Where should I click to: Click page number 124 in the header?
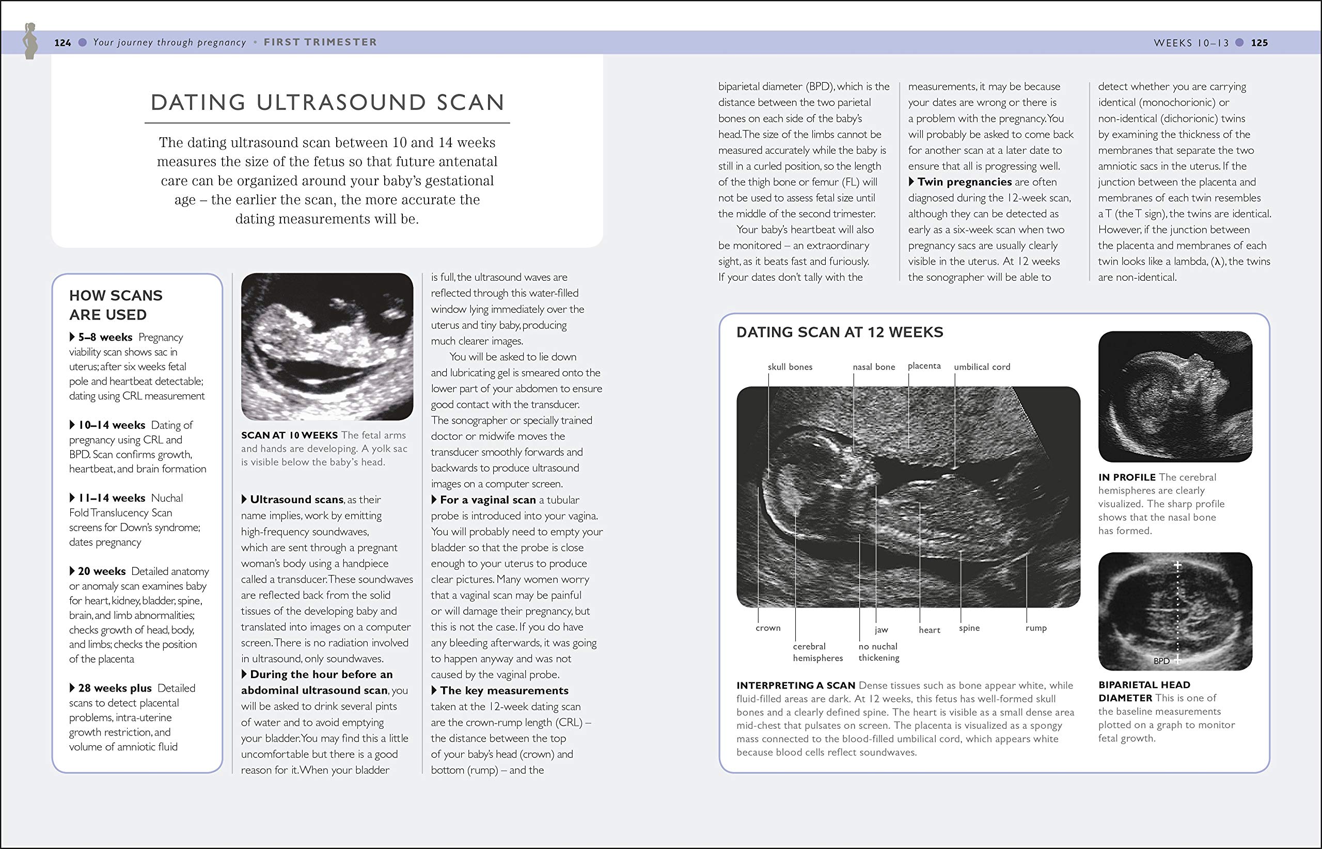(x=62, y=42)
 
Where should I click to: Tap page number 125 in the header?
(x=1259, y=42)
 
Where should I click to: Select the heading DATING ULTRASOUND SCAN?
(x=327, y=103)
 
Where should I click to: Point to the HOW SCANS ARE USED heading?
(x=116, y=305)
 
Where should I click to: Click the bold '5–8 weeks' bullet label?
(x=105, y=337)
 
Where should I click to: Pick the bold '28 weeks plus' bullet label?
(x=114, y=688)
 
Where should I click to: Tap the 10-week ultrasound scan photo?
(x=327, y=346)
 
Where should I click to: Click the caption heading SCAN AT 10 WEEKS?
(x=289, y=435)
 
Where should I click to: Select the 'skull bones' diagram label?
(x=790, y=366)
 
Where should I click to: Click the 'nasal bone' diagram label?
(x=874, y=366)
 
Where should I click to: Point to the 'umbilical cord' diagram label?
(x=982, y=366)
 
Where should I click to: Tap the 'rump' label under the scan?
(x=1036, y=628)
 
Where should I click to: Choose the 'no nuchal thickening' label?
(x=878, y=652)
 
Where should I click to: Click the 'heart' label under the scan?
(x=930, y=630)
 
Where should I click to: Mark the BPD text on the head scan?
(x=1161, y=661)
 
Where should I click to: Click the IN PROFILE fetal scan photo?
(x=1175, y=396)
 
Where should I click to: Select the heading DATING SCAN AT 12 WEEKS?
(x=839, y=332)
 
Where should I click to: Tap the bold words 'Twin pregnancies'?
(x=964, y=182)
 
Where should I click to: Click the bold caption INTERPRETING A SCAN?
(x=795, y=685)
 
